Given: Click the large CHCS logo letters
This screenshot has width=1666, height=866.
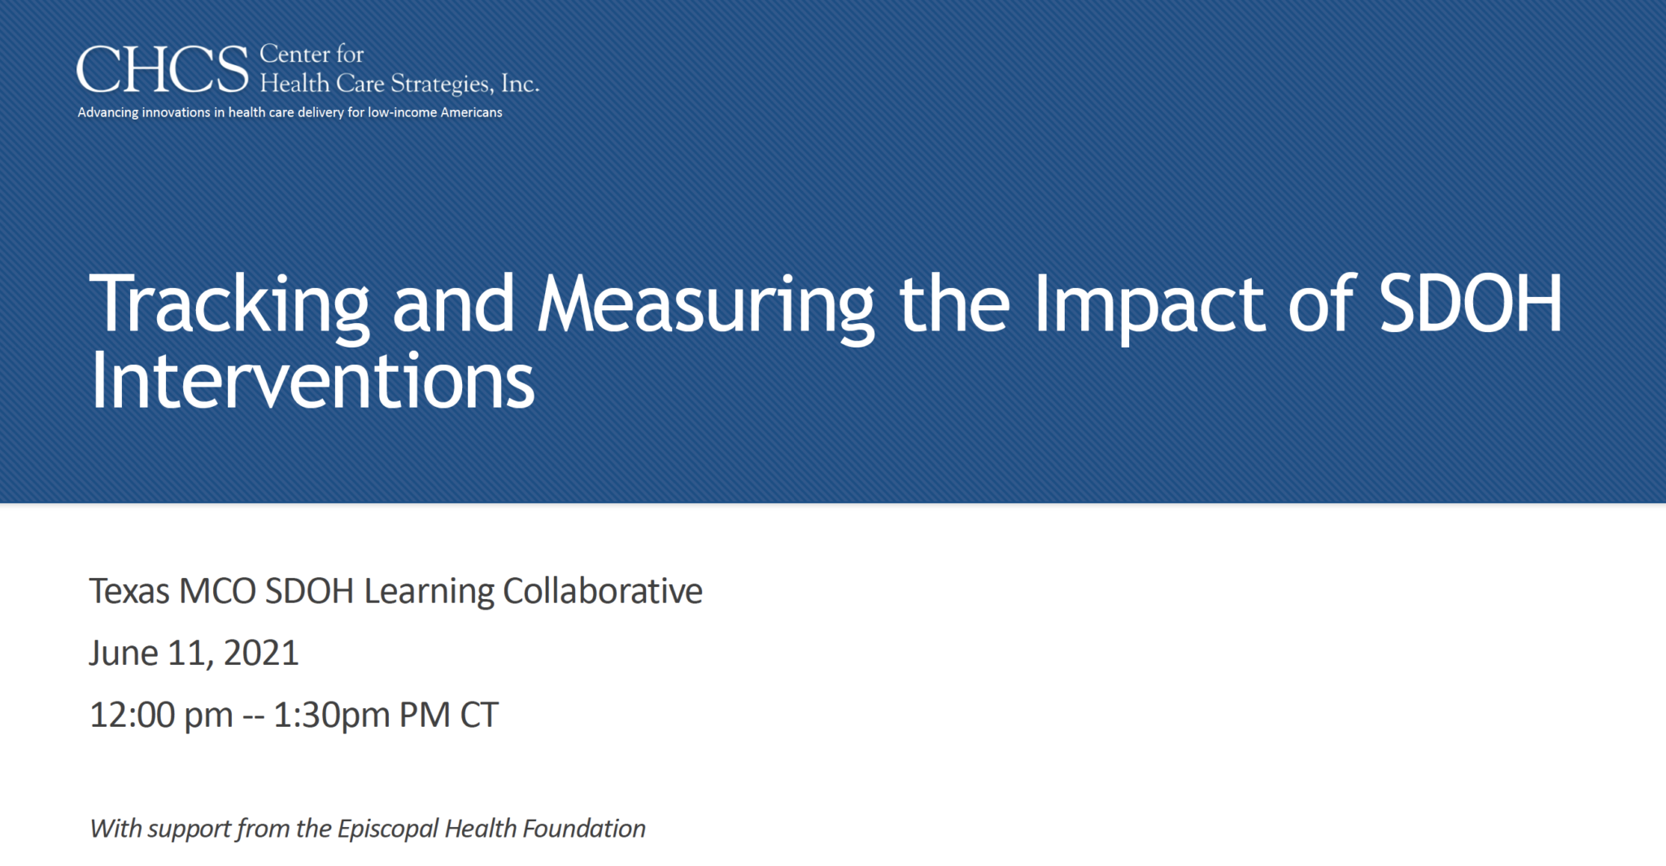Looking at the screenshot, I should pyautogui.click(x=163, y=70).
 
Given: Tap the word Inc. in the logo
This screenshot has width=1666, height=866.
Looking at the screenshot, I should pyautogui.click(x=520, y=84).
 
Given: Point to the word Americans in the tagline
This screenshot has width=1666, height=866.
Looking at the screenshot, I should pyautogui.click(x=471, y=112).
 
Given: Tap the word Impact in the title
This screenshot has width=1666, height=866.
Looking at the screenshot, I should pyautogui.click(x=1149, y=304).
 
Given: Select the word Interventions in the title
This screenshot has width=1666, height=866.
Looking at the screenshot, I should pyautogui.click(x=312, y=381).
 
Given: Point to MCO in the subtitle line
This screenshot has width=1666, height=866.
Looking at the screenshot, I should pyautogui.click(x=217, y=592).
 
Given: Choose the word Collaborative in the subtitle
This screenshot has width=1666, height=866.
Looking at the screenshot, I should pyautogui.click(x=602, y=592).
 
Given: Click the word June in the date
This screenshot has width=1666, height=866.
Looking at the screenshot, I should pyautogui.click(x=123, y=654).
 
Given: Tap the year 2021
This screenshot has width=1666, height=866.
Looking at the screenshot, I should pyautogui.click(x=261, y=654).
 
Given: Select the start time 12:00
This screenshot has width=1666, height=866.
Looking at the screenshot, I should pyautogui.click(x=133, y=715).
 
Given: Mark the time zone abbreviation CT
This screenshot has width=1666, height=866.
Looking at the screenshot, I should pyautogui.click(x=479, y=715).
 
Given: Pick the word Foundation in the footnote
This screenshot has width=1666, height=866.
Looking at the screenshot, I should pyautogui.click(x=584, y=829).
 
